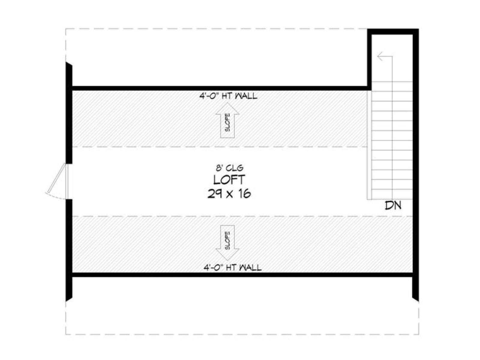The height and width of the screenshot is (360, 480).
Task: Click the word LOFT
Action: [229, 180]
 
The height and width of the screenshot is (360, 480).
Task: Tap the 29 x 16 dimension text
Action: [229, 194]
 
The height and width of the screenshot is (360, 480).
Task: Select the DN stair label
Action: [393, 205]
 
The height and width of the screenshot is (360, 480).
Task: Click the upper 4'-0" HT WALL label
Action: [228, 96]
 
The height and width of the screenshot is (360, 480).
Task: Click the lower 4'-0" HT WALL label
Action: [232, 268]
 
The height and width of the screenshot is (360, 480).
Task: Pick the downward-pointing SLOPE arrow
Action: [227, 243]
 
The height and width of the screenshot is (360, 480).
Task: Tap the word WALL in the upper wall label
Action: [246, 96]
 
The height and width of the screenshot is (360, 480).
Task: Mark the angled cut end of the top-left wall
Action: [69, 64]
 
